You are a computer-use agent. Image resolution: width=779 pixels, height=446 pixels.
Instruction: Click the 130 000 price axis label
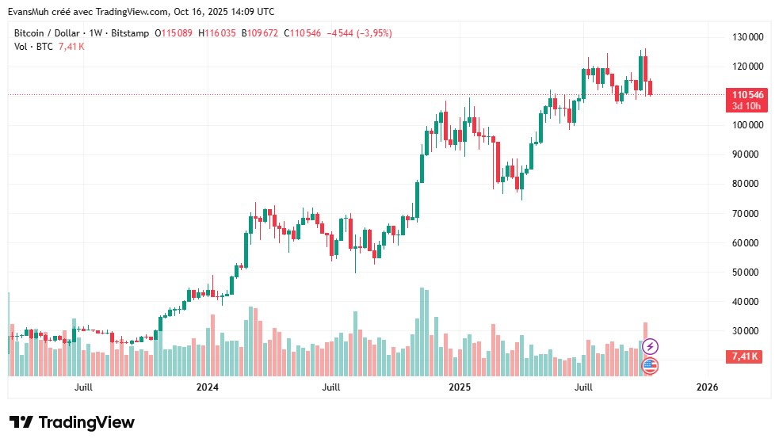pyautogui.click(x=747, y=37)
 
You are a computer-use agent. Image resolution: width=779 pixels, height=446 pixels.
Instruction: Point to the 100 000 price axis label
pyautogui.click(x=747, y=125)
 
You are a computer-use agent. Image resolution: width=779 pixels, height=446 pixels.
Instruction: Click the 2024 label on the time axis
pyautogui.click(x=208, y=387)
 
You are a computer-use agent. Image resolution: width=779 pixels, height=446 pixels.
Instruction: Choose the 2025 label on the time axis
pyautogui.click(x=460, y=387)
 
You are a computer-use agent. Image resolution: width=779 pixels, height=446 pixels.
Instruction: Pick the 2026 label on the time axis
pyautogui.click(x=707, y=387)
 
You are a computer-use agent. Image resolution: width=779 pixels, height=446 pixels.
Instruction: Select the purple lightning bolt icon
pyautogui.click(x=650, y=346)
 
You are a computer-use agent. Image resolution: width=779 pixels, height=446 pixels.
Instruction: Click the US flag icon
pyautogui.click(x=650, y=365)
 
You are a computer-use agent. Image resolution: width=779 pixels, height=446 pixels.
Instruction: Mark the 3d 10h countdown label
pyautogui.click(x=746, y=106)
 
